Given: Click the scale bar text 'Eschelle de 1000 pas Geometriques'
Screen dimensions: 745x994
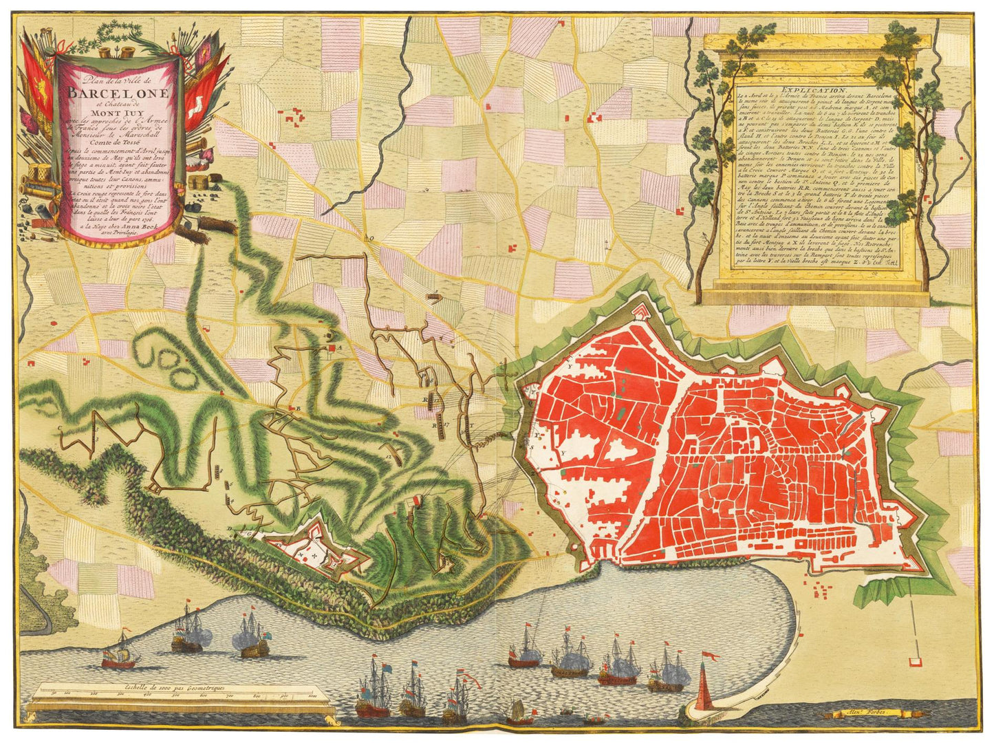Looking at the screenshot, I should pyautogui.click(x=175, y=687).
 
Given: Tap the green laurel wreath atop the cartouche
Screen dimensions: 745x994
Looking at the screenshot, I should pyautogui.click(x=114, y=31).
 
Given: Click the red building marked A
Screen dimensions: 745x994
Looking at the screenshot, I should pyautogui.click(x=332, y=349).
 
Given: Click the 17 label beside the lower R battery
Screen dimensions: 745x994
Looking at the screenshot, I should pyautogui.click(x=446, y=424).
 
